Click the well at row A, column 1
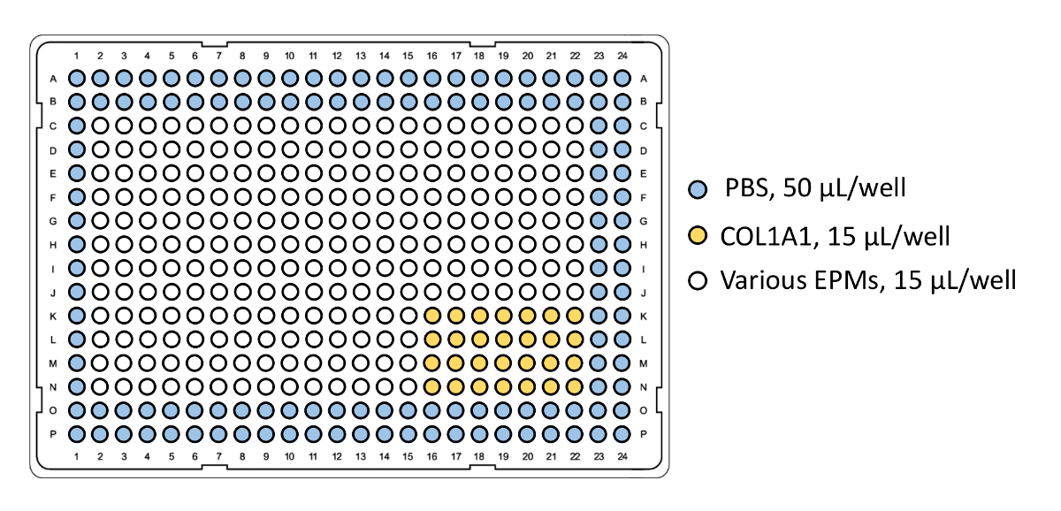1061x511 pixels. (x=77, y=79)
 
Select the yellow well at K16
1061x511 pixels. (x=432, y=316)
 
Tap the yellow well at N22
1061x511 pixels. (x=575, y=386)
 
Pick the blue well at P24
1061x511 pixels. (x=622, y=434)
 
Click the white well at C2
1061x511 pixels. (x=101, y=126)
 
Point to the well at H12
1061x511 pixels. (x=338, y=244)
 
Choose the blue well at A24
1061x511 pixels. (x=622, y=79)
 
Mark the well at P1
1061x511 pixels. (x=77, y=434)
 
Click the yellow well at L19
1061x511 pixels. (x=504, y=339)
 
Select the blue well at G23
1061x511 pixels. (x=599, y=220)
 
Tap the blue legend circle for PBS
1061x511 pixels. (x=698, y=188)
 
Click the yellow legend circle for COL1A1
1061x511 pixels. (x=698, y=235)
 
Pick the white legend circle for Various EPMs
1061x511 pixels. (x=698, y=282)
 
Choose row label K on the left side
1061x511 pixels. (x=55, y=316)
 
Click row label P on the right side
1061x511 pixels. (x=644, y=434)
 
